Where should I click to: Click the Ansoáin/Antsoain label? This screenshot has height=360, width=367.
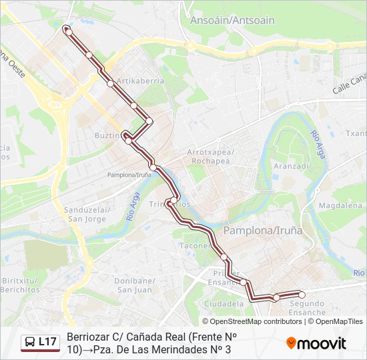232,20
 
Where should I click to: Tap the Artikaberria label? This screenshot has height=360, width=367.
140,81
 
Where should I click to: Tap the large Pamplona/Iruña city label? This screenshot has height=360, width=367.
262,230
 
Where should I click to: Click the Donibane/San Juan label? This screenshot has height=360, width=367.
135,285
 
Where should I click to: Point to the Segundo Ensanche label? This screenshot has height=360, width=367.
306,307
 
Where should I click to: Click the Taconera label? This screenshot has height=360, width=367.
195,245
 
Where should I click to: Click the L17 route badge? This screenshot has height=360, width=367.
47,342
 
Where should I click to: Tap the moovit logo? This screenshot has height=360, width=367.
316,343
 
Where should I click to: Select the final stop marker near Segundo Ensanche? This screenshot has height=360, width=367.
302,294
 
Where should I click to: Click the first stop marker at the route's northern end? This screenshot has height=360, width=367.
67,30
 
